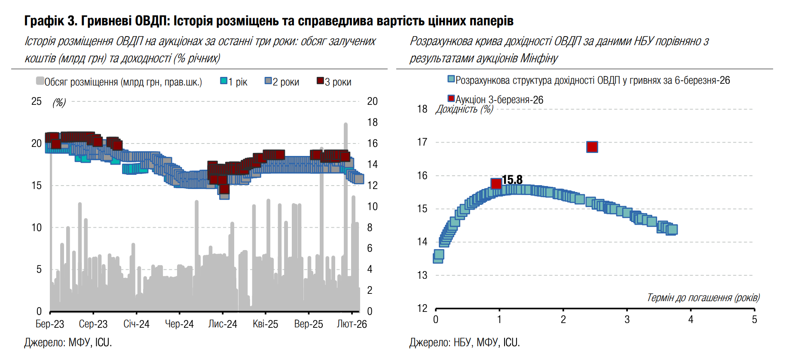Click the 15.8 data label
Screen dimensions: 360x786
(512, 180)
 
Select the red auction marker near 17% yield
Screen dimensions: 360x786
(592, 147)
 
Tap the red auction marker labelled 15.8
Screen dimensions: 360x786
(496, 184)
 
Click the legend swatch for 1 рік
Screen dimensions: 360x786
(224, 81)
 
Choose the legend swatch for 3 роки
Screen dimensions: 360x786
(320, 81)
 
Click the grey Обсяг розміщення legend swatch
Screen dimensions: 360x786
(40, 81)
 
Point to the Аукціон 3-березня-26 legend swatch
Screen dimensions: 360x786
(451, 99)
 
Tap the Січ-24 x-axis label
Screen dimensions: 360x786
(136, 324)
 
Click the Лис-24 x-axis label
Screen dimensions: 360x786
(223, 324)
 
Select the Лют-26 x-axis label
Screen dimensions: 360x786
(352, 324)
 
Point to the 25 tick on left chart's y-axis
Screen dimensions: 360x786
(37, 101)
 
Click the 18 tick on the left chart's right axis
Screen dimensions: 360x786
(372, 122)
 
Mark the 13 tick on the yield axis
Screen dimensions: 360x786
(422, 275)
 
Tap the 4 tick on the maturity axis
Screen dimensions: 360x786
(691, 320)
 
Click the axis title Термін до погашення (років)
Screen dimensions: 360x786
(703, 298)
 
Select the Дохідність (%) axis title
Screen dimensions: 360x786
(464, 109)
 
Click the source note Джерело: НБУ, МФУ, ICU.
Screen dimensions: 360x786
(465, 342)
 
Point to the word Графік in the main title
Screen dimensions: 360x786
(44, 21)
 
